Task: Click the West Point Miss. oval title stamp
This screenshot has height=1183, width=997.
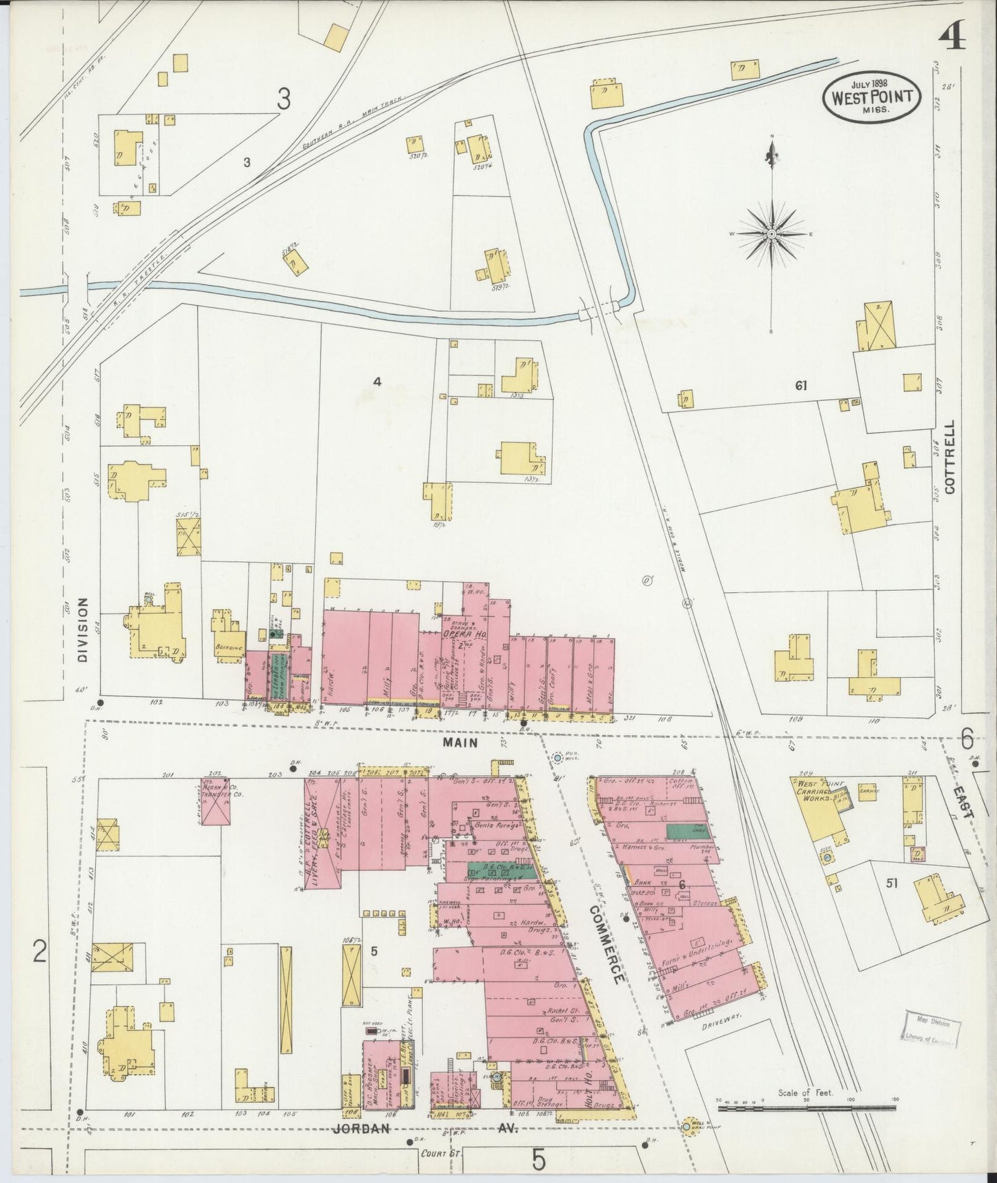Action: [871, 97]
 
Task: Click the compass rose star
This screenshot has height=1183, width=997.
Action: [771, 235]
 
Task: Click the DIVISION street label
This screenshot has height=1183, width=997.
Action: [83, 629]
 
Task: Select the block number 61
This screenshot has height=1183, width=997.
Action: [800, 386]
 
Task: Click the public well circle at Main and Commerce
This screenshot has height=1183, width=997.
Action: [557, 758]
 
